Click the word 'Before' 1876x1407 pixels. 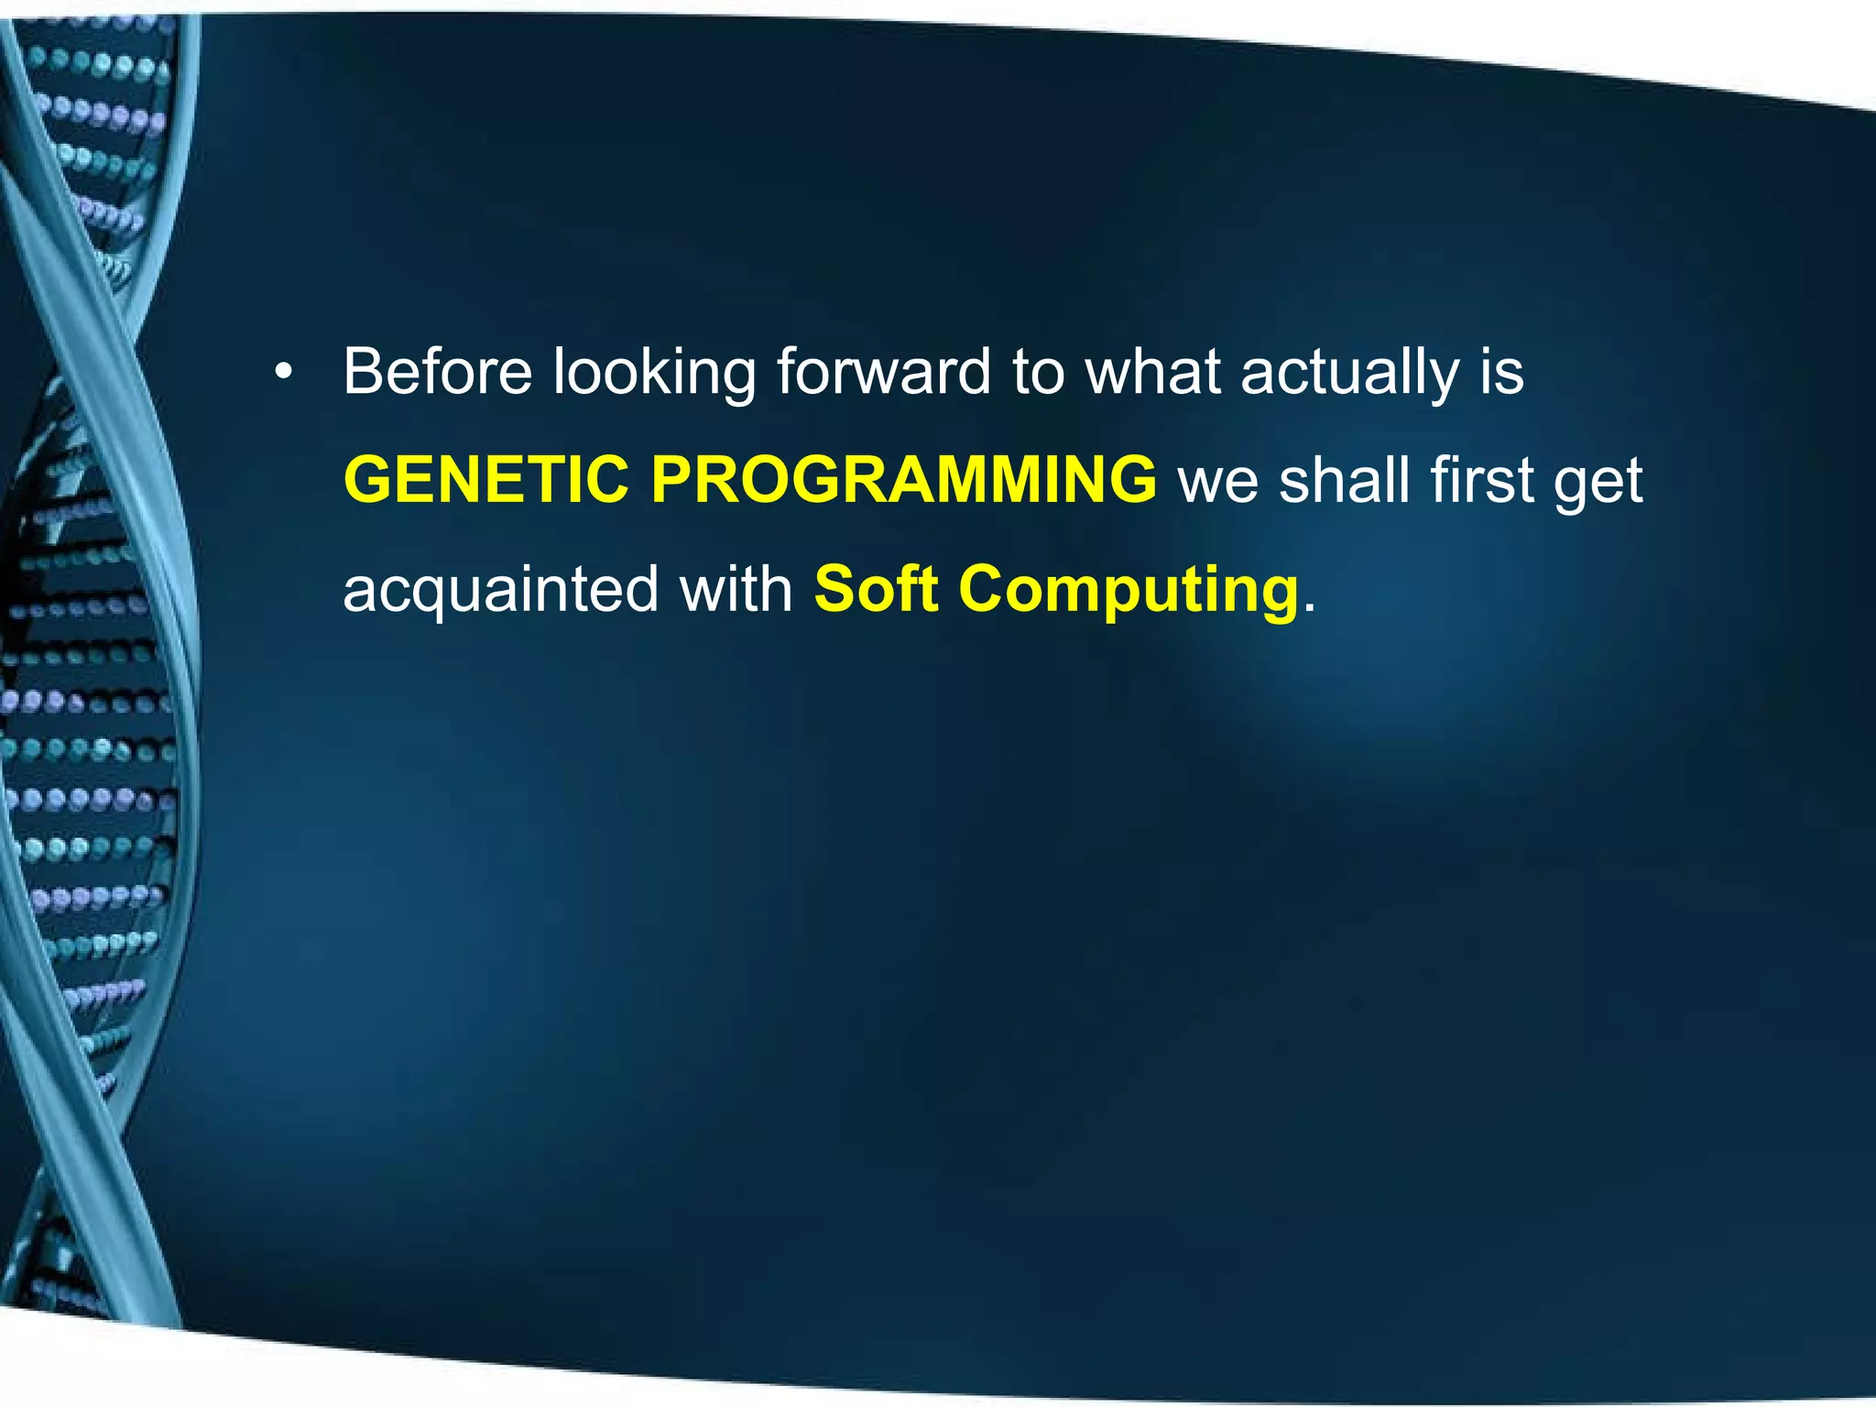pyautogui.click(x=437, y=372)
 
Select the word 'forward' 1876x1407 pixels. pyautogui.click(x=884, y=372)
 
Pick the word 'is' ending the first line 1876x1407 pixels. pyautogui.click(x=1502, y=372)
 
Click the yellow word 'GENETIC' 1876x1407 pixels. pyautogui.click(x=485, y=480)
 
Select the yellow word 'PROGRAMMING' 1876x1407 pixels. pyautogui.click(x=903, y=480)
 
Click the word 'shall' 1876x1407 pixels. pyautogui.click(x=1342, y=480)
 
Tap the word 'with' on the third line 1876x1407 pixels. pyautogui.click(x=736, y=588)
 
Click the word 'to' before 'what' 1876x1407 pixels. pyautogui.click(x=1038, y=374)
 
